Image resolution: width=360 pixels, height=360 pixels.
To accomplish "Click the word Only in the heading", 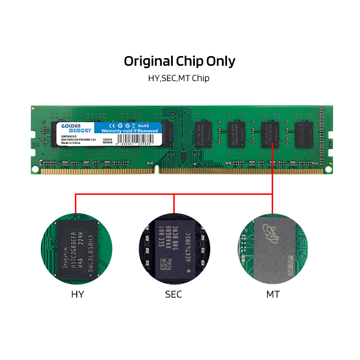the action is coord(221,61).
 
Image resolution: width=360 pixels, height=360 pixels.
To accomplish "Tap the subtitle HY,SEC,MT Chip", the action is coord(179,78).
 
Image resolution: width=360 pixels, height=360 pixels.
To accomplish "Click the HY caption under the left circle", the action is coord(77,294).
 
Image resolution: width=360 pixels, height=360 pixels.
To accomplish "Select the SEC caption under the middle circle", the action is coord(173,294).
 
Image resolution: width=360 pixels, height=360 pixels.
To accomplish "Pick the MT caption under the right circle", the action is coord(273,294).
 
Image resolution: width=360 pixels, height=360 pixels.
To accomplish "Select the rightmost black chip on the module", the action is coord(303,134).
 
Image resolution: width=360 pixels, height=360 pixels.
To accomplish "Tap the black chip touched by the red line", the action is coord(270,134).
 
